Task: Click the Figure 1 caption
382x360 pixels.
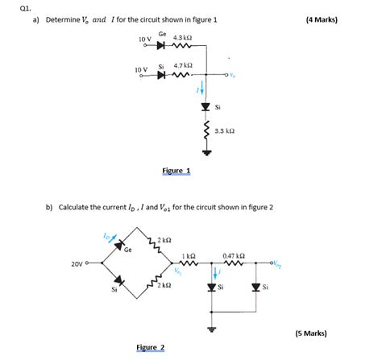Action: tap(176, 171)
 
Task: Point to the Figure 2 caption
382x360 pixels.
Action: tap(151, 348)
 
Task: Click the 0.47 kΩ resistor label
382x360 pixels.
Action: tap(234, 256)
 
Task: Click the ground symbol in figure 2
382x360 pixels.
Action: tap(213, 329)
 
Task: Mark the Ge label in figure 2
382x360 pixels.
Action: tap(128, 248)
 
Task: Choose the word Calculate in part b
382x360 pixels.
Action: tap(77, 207)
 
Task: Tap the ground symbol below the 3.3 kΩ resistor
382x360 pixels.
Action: tap(207, 151)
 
